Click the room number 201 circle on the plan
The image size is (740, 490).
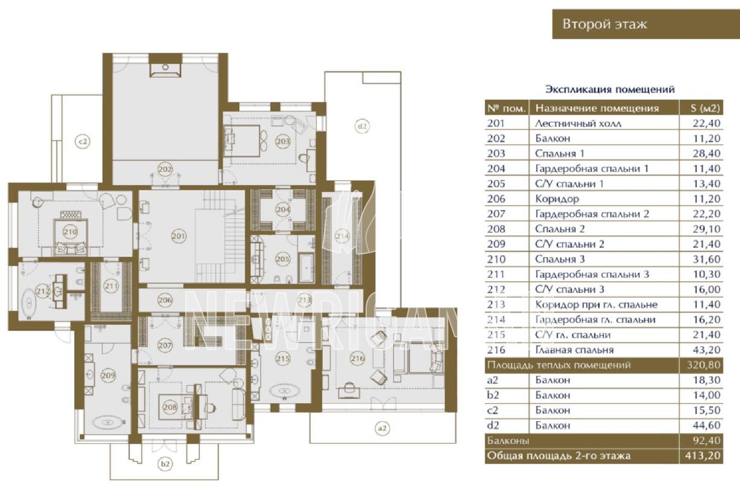coord(179,236)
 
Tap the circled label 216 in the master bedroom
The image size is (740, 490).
coord(358,358)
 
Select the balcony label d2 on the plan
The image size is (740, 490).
coord(363,126)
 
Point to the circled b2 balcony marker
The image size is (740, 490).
coord(165,464)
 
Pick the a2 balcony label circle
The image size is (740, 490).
coord(382,428)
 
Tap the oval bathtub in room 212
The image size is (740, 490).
coord(30,302)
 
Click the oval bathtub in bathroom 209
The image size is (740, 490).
coord(107,422)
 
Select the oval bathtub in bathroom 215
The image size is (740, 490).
coord(285,392)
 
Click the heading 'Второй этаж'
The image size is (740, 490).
coord(604,24)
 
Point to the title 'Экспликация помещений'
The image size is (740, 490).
coord(610,90)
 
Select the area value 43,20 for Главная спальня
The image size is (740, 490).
coord(706,349)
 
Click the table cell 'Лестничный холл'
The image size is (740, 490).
coord(578,123)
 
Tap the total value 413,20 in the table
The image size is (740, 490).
coord(703,456)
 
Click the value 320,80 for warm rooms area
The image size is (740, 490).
coord(703,365)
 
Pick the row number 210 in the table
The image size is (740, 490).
coord(496,259)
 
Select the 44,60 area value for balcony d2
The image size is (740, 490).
coord(706,425)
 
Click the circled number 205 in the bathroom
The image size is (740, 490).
coord(283,259)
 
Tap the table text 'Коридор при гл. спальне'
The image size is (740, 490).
coord(596,305)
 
